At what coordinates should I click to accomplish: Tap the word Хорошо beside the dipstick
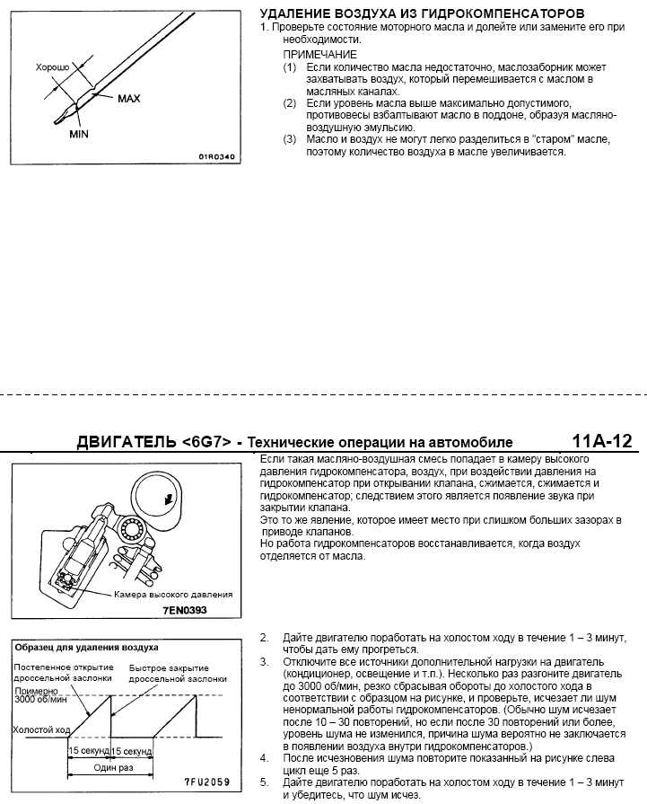click(x=52, y=66)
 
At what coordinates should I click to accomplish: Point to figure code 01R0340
click(x=216, y=155)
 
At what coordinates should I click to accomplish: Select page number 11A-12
click(x=602, y=441)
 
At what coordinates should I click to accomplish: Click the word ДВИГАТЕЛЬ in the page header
click(x=127, y=442)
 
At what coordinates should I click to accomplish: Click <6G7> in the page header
click(x=206, y=442)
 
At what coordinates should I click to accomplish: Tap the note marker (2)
click(x=289, y=104)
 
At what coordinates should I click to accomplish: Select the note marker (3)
click(x=289, y=139)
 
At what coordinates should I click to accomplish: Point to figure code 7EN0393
click(x=186, y=609)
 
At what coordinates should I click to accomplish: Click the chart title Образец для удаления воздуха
click(x=87, y=647)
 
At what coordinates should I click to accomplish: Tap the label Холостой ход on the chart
click(x=40, y=730)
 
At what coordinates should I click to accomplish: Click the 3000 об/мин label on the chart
click(x=37, y=701)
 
